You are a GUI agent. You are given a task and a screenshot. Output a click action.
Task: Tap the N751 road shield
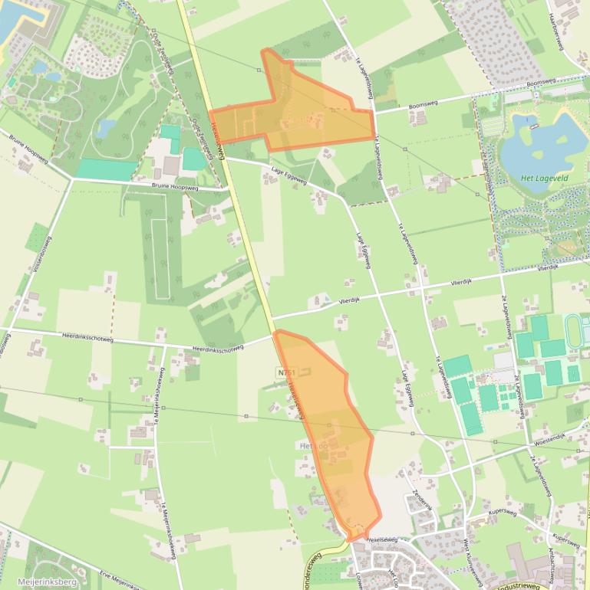(285, 372)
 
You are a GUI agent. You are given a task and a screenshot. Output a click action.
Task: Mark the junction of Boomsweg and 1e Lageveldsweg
(375, 112)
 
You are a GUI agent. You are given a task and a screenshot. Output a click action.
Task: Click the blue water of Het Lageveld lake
(537, 142)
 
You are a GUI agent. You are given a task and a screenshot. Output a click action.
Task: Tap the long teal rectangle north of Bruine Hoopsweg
(105, 169)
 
